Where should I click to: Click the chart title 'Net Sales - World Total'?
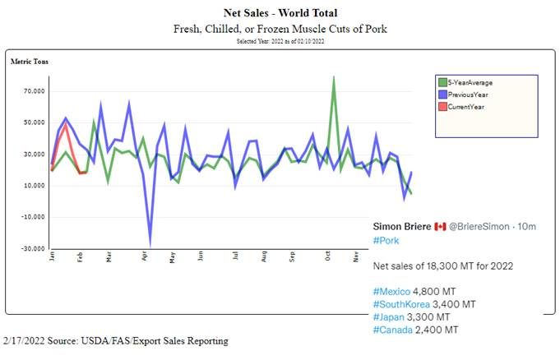280,12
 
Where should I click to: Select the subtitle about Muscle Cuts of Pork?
280,29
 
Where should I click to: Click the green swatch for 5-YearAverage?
442,82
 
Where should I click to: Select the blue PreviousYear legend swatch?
442,95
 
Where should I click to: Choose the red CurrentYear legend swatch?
442,107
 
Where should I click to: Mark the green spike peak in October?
333,77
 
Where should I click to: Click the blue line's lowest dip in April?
150,243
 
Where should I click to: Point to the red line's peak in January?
66,123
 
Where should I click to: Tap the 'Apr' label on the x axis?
145,256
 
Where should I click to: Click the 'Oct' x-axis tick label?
327,256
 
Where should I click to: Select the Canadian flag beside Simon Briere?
440,226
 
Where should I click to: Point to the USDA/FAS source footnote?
116,340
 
